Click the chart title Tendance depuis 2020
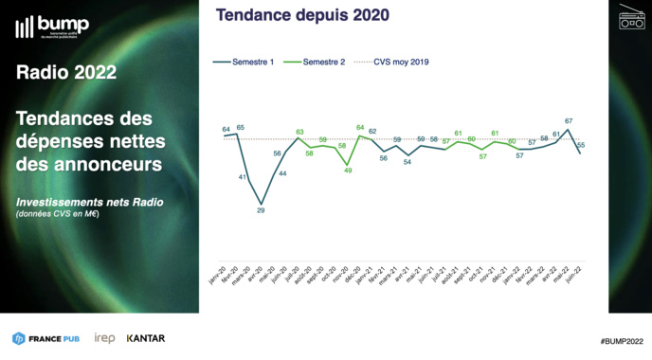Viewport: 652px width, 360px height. (302, 15)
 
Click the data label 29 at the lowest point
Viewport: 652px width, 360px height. (262, 210)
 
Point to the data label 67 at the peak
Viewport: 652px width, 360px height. (568, 121)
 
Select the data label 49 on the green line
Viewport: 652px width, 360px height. (348, 171)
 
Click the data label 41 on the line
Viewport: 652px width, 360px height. (244, 177)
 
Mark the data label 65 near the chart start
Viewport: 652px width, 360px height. (241, 127)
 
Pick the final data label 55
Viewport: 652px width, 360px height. (581, 145)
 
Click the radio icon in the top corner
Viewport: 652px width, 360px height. (631, 18)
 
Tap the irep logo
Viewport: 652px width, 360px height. (104, 338)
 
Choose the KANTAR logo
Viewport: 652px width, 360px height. (145, 338)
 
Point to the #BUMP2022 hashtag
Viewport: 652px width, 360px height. (621, 339)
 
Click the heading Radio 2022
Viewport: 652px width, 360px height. (65, 74)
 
